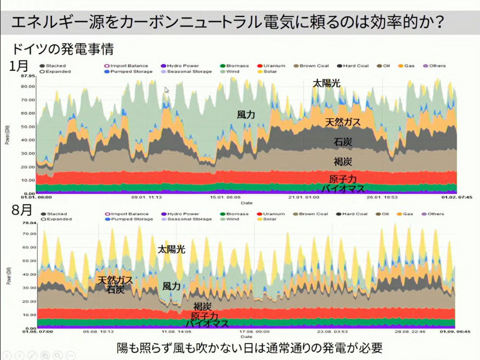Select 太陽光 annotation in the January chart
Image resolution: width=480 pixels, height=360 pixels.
327,84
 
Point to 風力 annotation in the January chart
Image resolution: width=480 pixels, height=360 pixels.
246,115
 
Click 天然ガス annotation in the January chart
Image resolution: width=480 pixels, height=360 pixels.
343,122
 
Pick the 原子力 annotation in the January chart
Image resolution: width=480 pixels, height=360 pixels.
343,179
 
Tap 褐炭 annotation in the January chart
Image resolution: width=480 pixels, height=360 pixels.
343,162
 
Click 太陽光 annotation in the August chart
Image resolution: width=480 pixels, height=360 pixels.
171,250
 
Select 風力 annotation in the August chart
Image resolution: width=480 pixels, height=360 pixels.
171,286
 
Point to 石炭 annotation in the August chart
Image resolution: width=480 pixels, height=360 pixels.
115,289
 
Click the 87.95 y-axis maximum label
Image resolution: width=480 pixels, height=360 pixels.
28,76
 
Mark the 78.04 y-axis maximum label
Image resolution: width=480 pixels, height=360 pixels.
28,224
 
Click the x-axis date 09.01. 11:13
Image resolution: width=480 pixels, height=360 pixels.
147,197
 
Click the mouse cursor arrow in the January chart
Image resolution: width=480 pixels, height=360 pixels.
167,90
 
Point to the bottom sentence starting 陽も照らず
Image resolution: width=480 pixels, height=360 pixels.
249,348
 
